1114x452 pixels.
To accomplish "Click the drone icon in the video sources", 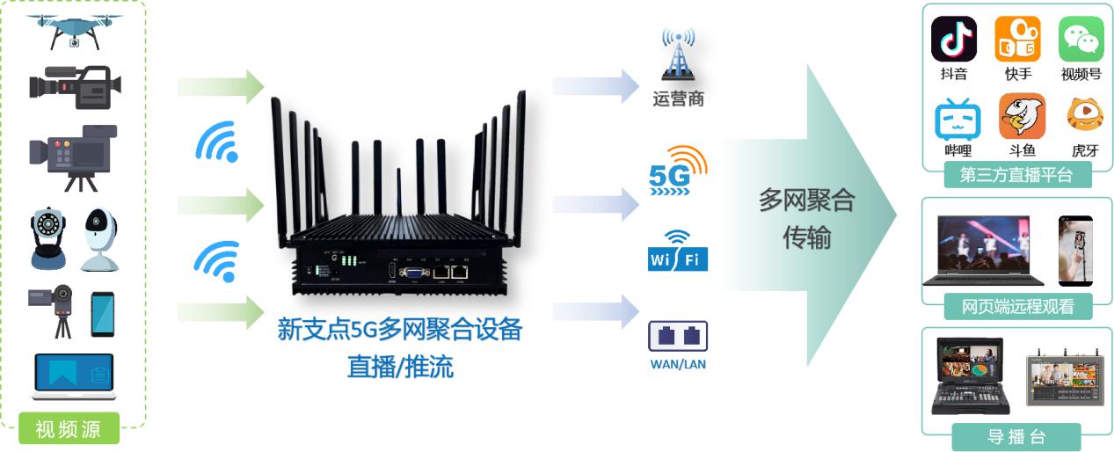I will point(74,30).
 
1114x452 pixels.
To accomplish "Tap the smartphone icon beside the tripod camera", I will point(103,314).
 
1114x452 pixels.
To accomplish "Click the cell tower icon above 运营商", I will point(678,55).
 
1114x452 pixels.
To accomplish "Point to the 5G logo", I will point(677,171).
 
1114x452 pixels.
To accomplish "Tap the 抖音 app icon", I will point(953,39).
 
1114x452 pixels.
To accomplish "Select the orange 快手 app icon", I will point(1017,39).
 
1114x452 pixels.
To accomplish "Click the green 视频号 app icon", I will point(1081,39).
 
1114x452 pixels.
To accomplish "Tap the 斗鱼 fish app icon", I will point(1022,116).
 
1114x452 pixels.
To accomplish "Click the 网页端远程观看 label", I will point(1016,306).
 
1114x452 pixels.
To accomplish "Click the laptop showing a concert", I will point(982,250).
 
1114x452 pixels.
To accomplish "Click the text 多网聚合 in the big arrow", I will point(805,200).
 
